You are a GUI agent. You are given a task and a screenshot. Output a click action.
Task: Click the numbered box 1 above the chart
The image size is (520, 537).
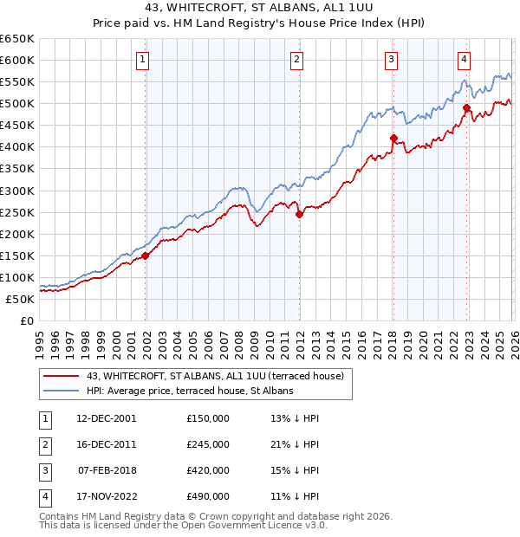pos(142,60)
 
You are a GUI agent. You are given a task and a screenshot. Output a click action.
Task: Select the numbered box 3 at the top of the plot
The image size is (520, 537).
pos(392,60)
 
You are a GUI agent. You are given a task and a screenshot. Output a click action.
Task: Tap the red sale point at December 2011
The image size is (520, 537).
pos(299,214)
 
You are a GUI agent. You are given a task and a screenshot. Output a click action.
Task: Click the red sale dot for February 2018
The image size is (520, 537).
pos(393,138)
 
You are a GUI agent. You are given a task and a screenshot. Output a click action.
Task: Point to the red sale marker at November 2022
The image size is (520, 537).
pos(466,108)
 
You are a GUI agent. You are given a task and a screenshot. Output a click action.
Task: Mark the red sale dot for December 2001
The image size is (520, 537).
pos(146,256)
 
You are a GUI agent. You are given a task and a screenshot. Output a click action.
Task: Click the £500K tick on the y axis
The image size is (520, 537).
pos(17,104)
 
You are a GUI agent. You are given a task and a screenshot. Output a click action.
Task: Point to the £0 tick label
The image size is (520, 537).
pos(26,320)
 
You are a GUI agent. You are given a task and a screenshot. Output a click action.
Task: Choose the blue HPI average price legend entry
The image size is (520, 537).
pos(190,391)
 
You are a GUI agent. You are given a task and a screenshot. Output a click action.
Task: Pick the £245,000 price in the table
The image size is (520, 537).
pos(208,444)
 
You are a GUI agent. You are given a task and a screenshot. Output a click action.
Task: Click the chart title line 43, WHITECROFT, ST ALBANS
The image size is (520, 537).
pos(259,9)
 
